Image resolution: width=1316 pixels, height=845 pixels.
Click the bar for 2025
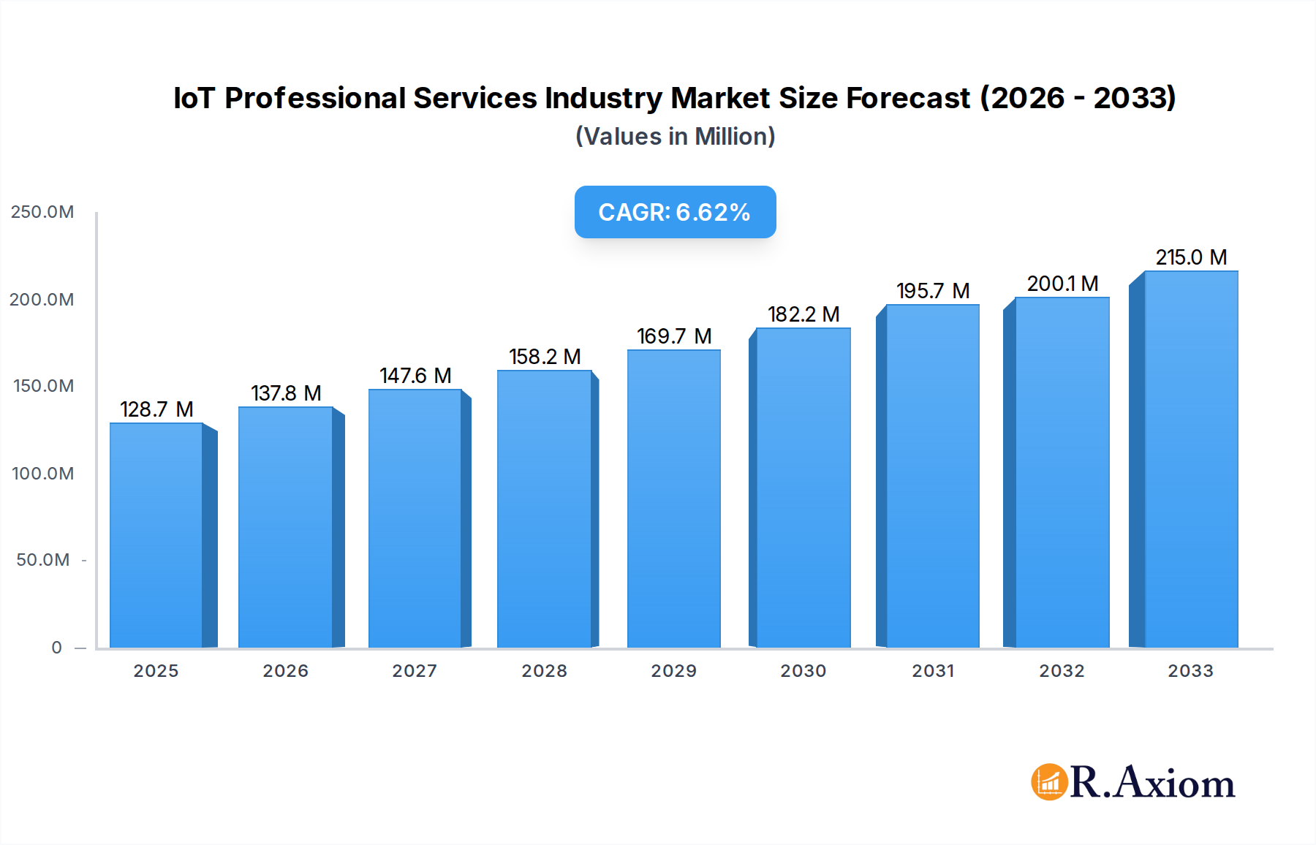pyautogui.click(x=156, y=535)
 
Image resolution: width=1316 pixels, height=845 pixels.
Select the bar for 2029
pyautogui.click(x=673, y=499)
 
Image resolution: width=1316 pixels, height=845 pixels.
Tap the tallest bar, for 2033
pyautogui.click(x=1191, y=459)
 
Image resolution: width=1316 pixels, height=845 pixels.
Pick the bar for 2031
pyautogui.click(x=932, y=476)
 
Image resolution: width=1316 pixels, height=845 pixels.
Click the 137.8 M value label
pyautogui.click(x=286, y=393)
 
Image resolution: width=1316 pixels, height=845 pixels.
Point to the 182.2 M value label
pyautogui.click(x=803, y=314)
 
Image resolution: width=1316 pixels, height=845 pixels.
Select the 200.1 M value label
pyautogui.click(x=1062, y=284)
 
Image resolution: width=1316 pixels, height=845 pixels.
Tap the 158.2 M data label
pyautogui.click(x=545, y=357)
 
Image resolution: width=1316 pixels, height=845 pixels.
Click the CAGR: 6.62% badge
pyautogui.click(x=675, y=212)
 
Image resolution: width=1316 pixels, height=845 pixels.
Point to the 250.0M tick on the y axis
pyautogui.click(x=42, y=212)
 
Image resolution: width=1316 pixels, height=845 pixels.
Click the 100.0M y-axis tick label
pyautogui.click(x=42, y=474)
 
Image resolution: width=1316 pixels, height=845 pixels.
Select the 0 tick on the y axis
pyautogui.click(x=57, y=648)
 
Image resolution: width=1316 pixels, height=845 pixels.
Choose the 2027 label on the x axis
pyautogui.click(x=415, y=671)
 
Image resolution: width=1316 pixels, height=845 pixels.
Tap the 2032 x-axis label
pyautogui.click(x=1062, y=671)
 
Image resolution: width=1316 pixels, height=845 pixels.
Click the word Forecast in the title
pyautogui.click(x=907, y=98)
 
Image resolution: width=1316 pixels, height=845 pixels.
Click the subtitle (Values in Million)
pyautogui.click(x=675, y=137)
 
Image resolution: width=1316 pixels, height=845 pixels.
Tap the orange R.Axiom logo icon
pyautogui.click(x=1049, y=782)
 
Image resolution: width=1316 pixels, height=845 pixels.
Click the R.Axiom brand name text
pyautogui.click(x=1152, y=782)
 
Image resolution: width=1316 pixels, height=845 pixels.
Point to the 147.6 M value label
pyautogui.click(x=415, y=376)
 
